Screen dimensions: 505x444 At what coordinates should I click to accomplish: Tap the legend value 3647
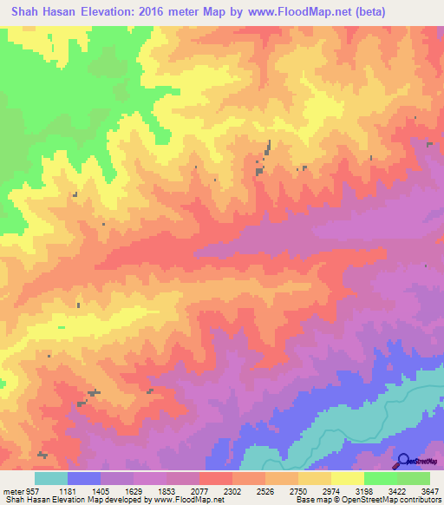[x=428, y=490]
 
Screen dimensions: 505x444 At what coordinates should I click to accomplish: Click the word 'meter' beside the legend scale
[x=11, y=490]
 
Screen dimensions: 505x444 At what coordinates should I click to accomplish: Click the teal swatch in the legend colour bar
[x=51, y=478]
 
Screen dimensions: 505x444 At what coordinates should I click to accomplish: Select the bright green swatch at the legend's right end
[x=413, y=478]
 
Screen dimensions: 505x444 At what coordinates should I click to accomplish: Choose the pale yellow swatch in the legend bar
[x=347, y=478]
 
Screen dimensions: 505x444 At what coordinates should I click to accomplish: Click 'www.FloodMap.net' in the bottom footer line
[x=182, y=500]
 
